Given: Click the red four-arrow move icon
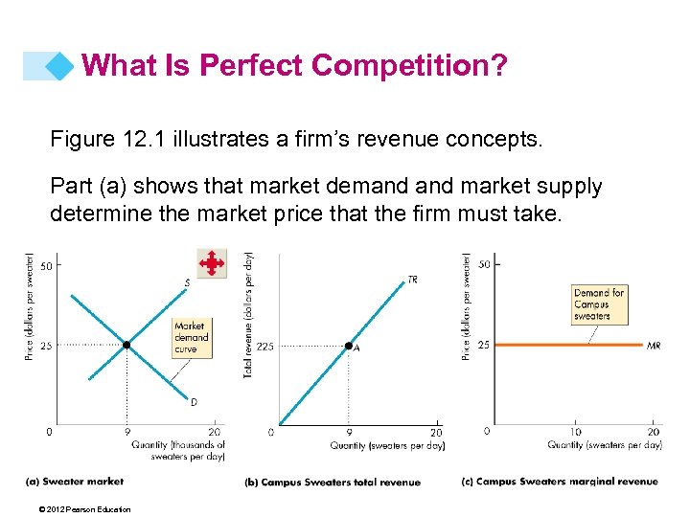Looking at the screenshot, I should point(211,262).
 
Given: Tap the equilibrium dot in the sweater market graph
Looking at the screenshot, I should point(126,345).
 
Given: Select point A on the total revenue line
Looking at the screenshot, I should point(349,346).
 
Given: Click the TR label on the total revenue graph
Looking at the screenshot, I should point(412,280).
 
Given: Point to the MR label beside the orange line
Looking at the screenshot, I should point(654,345).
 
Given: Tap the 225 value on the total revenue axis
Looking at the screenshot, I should point(264,347).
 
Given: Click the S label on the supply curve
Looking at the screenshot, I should point(187,282).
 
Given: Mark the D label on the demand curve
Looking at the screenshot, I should point(194,402).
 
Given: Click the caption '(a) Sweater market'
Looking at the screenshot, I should point(75,481).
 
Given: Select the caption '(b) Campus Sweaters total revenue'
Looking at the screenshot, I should point(333,482).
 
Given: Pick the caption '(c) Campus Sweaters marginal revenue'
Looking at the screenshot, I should point(560,481).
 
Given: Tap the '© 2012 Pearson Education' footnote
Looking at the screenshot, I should point(79,509).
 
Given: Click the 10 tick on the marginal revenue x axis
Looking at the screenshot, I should point(576,433).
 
